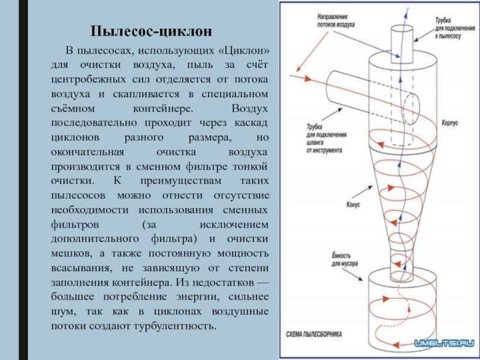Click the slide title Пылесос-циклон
coord(151,32)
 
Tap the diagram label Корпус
coord(449,123)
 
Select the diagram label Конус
coord(353,205)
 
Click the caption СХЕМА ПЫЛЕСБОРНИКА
coord(314,334)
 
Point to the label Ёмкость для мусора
coord(344,260)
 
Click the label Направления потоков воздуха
coord(336,21)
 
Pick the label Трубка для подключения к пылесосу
coord(455,28)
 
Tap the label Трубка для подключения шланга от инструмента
coord(326,139)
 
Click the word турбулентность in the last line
coord(175,326)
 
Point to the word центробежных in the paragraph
coord(88,80)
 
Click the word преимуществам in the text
coord(181,181)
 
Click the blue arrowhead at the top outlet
coord(407,8)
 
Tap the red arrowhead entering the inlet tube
coord(307,79)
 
